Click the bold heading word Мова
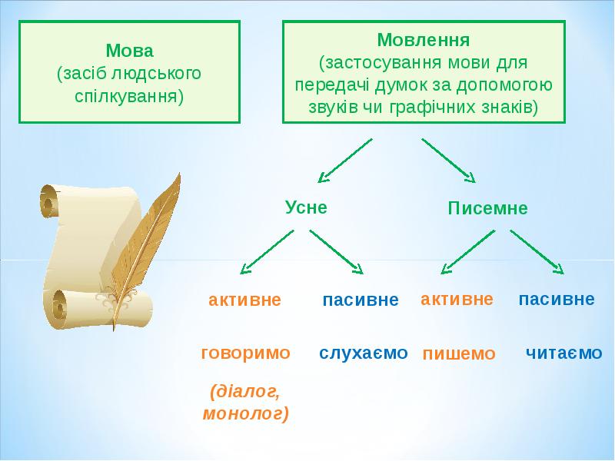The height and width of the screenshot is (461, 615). click(x=129, y=51)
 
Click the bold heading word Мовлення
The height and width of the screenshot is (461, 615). click(x=424, y=40)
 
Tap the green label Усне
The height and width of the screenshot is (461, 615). click(x=306, y=207)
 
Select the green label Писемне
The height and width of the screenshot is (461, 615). click(x=488, y=208)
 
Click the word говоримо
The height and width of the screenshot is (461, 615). click(x=245, y=353)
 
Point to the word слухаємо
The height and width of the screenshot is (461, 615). click(x=364, y=353)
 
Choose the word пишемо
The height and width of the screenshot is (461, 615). click(x=459, y=354)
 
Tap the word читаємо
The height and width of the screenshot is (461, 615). click(x=563, y=353)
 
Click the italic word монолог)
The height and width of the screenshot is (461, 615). click(x=246, y=413)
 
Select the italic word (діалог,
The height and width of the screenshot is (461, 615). click(x=246, y=392)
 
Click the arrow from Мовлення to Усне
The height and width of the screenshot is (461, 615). click(x=344, y=161)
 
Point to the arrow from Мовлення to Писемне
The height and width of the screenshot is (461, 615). click(x=449, y=161)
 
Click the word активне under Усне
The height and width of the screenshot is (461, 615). click(x=244, y=300)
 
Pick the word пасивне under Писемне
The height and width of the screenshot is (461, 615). click(x=557, y=299)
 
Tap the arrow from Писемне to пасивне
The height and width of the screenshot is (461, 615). click(x=537, y=252)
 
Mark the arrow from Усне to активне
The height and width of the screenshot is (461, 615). click(x=267, y=252)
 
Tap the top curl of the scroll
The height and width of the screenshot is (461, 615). click(x=49, y=201)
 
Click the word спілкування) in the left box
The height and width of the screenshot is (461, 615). click(x=129, y=96)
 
